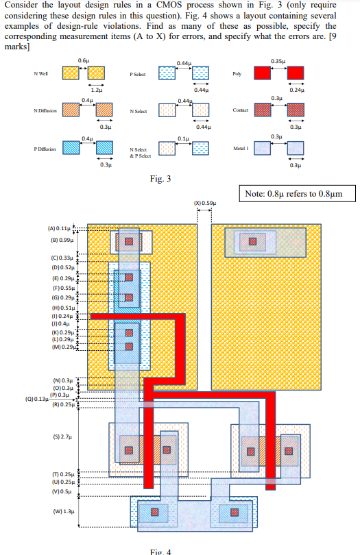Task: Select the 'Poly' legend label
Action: point(237,73)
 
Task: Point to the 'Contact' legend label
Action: point(240,110)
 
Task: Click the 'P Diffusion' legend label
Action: point(44,148)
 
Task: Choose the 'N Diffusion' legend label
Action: point(44,110)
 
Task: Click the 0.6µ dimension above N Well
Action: point(83,62)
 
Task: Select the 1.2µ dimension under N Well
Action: point(96,90)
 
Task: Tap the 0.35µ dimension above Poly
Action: point(277,61)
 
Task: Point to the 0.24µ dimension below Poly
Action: point(296,90)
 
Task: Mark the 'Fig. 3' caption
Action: point(160,180)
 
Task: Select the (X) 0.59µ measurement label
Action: point(204,203)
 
